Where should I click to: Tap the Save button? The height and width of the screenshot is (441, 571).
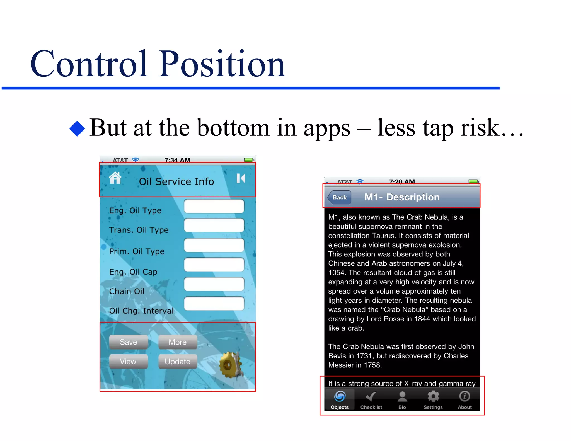(x=128, y=342)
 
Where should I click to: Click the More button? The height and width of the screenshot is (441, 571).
(x=178, y=342)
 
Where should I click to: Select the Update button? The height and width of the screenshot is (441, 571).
(x=178, y=362)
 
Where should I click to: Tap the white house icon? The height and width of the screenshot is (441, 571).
(x=115, y=178)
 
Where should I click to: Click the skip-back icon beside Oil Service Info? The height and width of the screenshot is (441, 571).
(x=241, y=178)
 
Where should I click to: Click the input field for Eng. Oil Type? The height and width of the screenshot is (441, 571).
(x=214, y=206)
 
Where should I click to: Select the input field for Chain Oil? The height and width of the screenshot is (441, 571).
(x=214, y=284)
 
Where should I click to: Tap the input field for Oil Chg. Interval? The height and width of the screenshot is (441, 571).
(x=214, y=304)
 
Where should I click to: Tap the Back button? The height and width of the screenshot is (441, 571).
(x=339, y=197)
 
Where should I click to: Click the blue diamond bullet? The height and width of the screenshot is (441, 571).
(x=77, y=129)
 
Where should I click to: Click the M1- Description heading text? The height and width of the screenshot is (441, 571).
(x=402, y=197)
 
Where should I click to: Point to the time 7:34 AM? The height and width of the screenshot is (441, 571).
(x=177, y=160)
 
